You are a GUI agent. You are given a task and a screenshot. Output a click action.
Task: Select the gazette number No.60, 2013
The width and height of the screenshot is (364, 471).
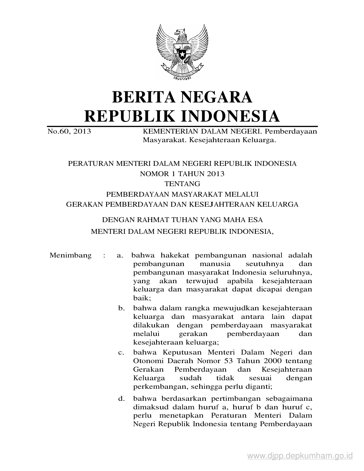pos(69,131)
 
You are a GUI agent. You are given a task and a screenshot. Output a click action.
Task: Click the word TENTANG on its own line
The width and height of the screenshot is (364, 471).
pos(182,184)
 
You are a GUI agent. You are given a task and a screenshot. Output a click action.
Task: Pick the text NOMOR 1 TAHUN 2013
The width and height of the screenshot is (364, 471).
pos(182,174)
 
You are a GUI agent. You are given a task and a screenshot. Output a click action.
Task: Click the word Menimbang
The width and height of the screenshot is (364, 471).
pos(71,255)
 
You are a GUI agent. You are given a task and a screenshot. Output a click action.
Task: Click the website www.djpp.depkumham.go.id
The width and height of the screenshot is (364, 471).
pos(300,456)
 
